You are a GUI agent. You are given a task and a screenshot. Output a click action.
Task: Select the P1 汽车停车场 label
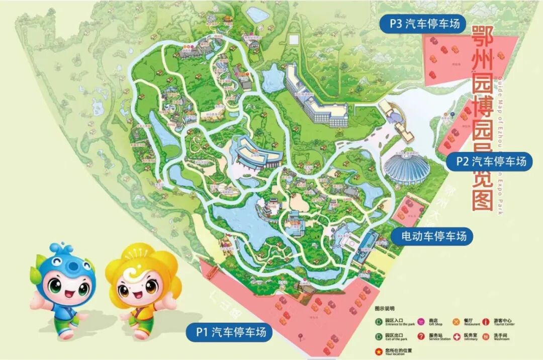tap(229, 331)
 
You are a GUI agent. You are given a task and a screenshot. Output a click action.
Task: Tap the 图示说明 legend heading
tap(385, 308)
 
